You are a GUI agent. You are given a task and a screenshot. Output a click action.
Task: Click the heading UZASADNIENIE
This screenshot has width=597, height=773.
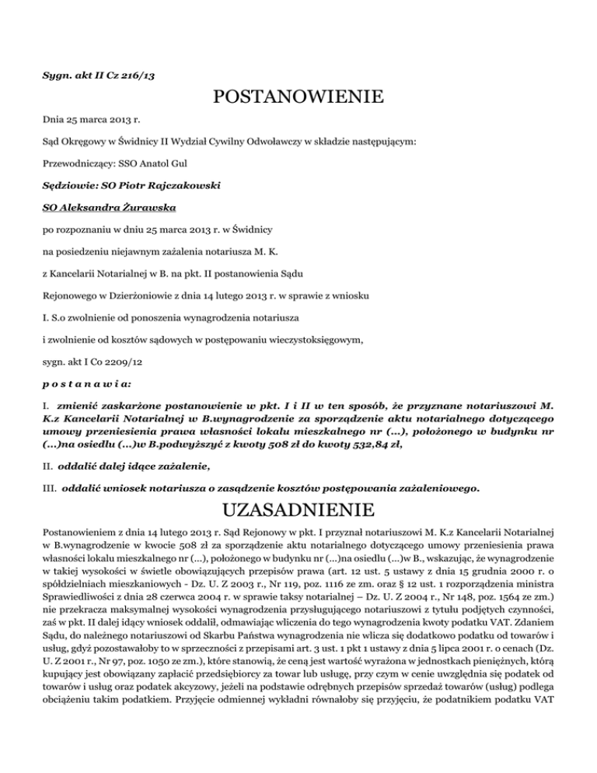point(298,511)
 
